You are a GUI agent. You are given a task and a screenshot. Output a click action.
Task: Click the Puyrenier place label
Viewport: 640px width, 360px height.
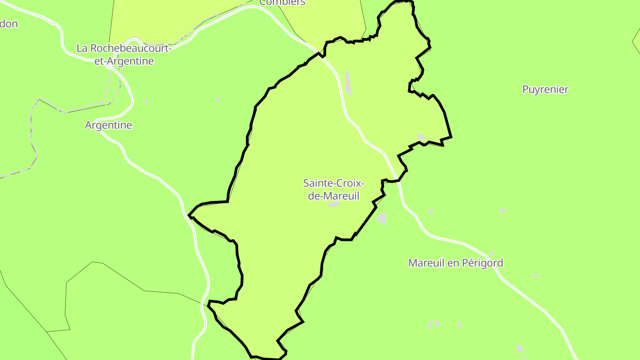[x=545, y=89]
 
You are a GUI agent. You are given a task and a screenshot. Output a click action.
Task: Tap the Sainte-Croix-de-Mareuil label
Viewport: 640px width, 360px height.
[x=334, y=189]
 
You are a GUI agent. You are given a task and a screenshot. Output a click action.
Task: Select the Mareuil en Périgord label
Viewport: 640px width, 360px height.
[x=456, y=263]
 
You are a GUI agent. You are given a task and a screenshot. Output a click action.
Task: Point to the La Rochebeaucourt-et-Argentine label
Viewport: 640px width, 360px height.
[x=124, y=55]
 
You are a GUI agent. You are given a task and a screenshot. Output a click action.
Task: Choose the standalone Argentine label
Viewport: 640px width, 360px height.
[x=108, y=125]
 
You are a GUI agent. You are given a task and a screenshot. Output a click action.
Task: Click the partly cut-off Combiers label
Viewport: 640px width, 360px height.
[x=282, y=3]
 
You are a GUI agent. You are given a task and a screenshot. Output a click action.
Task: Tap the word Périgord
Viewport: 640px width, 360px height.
[x=483, y=263]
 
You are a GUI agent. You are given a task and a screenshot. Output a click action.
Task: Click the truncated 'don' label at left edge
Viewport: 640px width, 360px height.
[x=9, y=24]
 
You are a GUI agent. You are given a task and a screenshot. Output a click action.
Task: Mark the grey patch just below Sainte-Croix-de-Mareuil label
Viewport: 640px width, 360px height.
[x=334, y=204]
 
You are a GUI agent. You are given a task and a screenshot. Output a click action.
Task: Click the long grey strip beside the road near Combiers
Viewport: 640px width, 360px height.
[x=348, y=83]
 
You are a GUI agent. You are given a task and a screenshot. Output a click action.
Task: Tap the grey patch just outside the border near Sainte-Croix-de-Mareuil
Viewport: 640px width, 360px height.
[x=382, y=218]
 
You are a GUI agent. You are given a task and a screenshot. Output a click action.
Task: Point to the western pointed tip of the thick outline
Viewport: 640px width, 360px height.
[x=189, y=216]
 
